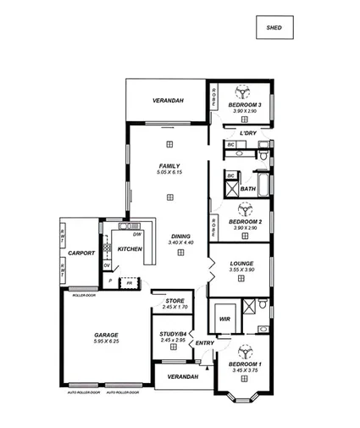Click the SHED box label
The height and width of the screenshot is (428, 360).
[274, 28]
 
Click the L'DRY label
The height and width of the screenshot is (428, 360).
[248, 133]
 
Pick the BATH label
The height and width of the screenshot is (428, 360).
[248, 189]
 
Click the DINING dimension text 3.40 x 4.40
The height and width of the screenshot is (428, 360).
[180, 243]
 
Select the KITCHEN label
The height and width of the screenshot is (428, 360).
[130, 248]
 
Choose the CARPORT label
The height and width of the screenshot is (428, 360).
[81, 253]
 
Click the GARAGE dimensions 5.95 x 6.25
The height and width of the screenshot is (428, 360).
[106, 342]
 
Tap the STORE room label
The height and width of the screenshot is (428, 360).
[174, 300]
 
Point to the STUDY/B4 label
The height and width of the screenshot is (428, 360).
[172, 334]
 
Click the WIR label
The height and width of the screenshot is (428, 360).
[224, 319]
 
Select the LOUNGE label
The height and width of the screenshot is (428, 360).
[241, 263]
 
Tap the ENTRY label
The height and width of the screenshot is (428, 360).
[204, 342]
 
